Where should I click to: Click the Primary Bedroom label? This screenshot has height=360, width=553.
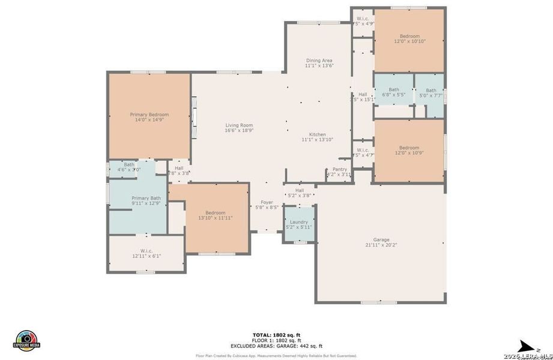pos(150,115)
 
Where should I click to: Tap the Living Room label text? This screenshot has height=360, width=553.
pos(239,125)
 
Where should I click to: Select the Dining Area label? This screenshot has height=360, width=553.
pos(319,61)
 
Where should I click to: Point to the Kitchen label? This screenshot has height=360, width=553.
pos(317,134)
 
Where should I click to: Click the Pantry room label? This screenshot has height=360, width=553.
pos(340,169)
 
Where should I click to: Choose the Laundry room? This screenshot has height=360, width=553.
pos(298,222)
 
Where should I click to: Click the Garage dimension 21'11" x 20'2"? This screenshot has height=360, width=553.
pos(381,245)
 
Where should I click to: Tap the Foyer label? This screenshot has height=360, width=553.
pos(266,202)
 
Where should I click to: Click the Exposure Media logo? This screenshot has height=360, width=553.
pos(26,341)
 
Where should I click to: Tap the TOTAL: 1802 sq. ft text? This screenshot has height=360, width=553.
pos(277,334)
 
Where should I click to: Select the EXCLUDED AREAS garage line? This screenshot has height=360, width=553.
pos(277,346)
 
